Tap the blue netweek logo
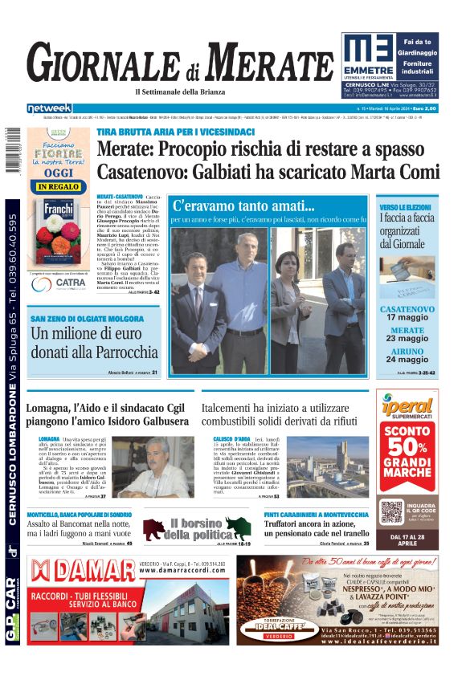point(50,108)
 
